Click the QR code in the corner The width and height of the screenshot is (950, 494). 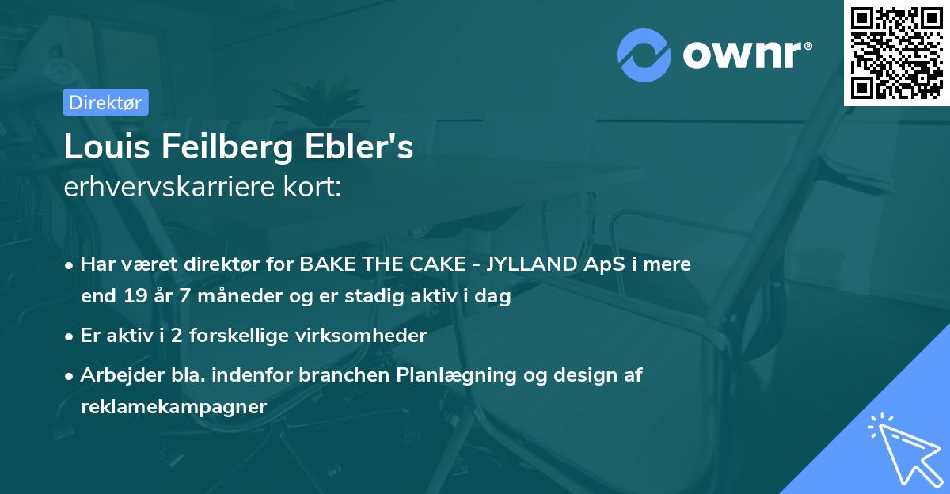point(897,53)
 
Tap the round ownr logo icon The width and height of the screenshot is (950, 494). point(644,55)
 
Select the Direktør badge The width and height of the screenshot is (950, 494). point(105,102)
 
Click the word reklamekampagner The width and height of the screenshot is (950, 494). point(174,407)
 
